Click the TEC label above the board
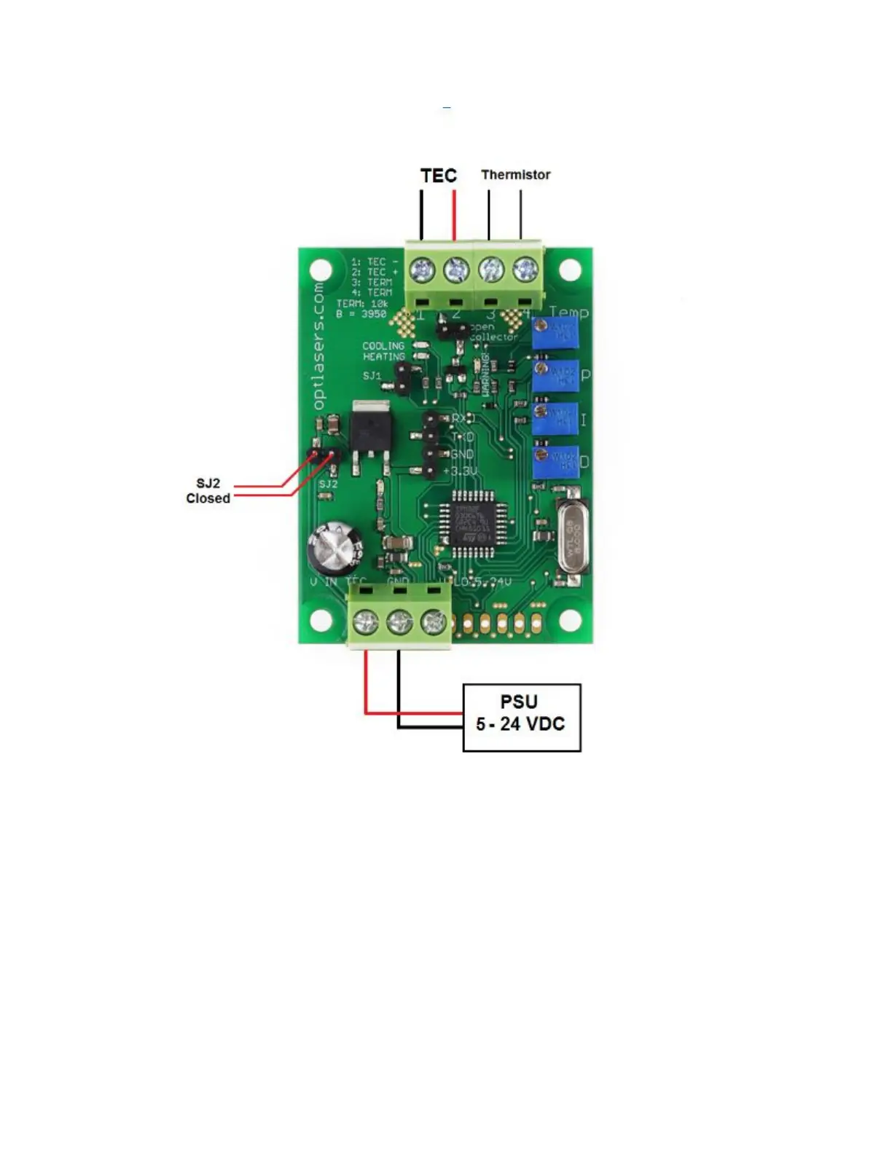(x=438, y=176)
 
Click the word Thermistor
(x=515, y=175)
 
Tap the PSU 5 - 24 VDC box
(x=522, y=717)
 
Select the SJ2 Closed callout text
(x=208, y=491)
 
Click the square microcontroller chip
(x=474, y=518)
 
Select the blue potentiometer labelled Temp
(x=555, y=333)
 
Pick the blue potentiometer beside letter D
(x=555, y=462)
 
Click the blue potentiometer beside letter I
(x=555, y=419)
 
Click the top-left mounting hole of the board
(x=321, y=271)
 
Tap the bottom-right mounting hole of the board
(x=570, y=621)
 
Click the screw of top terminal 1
(x=422, y=271)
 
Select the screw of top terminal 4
(x=525, y=271)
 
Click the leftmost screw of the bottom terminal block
(x=365, y=623)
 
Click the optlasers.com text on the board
(x=318, y=346)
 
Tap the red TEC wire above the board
(x=454, y=215)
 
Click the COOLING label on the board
(x=383, y=346)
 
